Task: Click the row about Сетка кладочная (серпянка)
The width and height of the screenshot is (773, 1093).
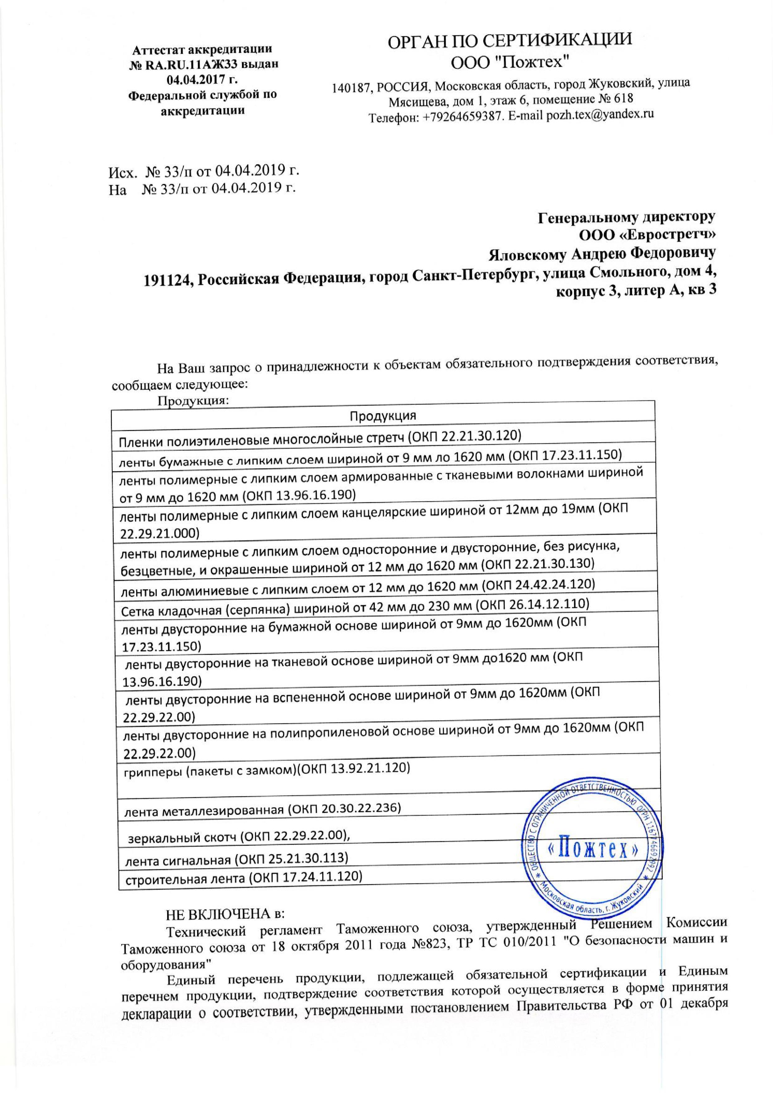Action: click(355, 606)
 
